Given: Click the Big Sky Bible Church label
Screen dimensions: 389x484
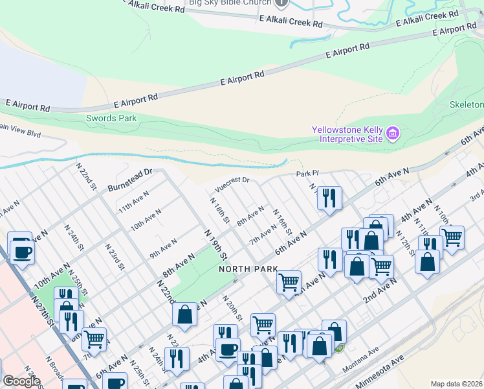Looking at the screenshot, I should [x=229, y=3].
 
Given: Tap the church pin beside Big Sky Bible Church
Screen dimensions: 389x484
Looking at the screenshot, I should [x=281, y=3].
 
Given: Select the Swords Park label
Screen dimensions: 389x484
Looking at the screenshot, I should [x=111, y=119].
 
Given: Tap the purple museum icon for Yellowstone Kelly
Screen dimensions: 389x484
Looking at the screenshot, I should [x=392, y=134].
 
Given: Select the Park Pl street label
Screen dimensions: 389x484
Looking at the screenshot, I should [x=308, y=174].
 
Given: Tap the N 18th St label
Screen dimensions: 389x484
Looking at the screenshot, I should [x=219, y=211].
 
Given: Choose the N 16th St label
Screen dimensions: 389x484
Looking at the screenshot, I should [x=283, y=222].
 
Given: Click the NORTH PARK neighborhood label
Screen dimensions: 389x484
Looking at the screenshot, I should [x=248, y=268].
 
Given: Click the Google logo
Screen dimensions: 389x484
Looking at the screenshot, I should [x=21, y=381].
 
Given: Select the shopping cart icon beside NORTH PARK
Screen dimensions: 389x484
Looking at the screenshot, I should [x=289, y=281].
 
